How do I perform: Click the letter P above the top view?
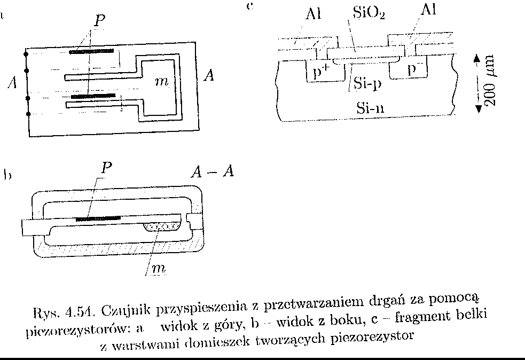coord(99,21)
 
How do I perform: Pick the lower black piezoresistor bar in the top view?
coord(93,96)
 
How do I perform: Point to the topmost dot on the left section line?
coord(27,53)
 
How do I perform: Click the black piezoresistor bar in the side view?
coord(98,218)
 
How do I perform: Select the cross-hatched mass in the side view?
coord(164,226)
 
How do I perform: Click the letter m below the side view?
coord(156,269)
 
